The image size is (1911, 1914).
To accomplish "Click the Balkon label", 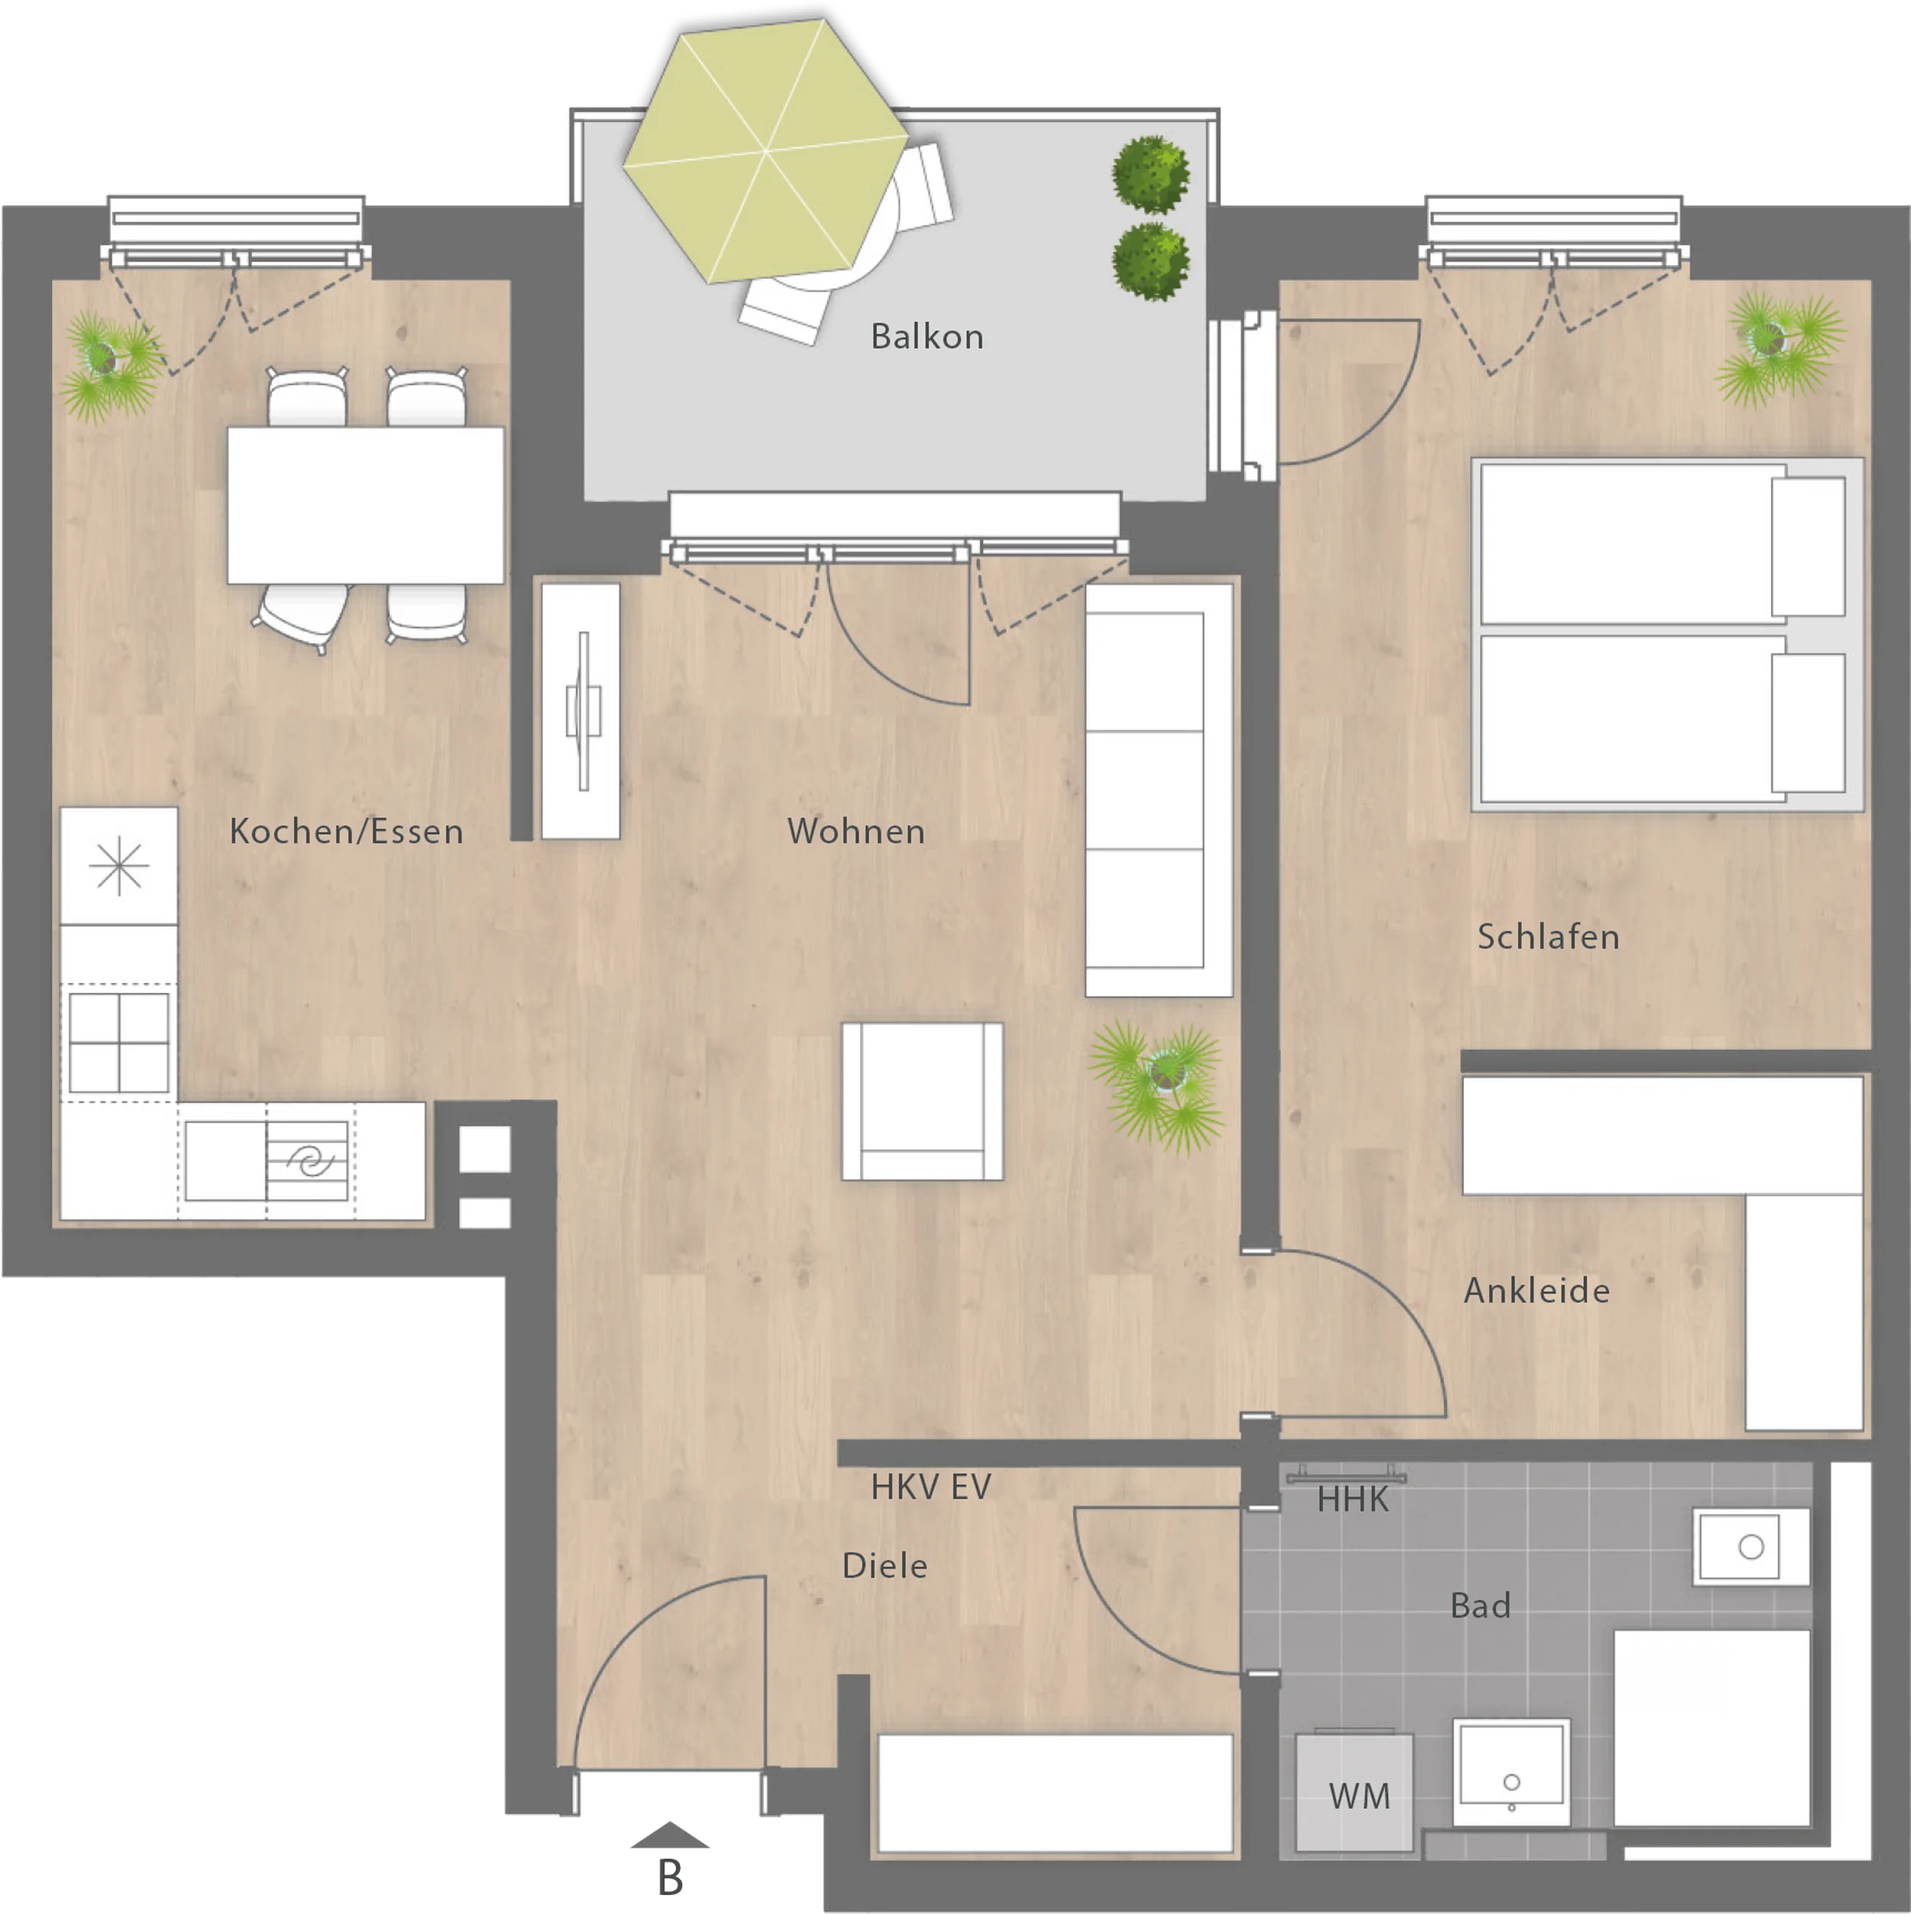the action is coord(926,337).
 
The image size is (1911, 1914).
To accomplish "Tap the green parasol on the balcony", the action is coord(765,151).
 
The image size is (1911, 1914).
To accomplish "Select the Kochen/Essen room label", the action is coord(346,831).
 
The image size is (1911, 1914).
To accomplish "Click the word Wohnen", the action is coord(856,831).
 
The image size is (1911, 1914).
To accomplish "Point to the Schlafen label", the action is coord(1547,936).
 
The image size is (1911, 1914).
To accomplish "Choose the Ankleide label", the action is coord(1537,1290).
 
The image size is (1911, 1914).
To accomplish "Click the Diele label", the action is coord(884,1566).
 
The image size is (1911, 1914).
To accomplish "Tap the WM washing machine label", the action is coord(1359,1795).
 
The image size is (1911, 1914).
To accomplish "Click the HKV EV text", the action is coord(930,1486).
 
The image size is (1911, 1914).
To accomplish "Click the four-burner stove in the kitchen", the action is coord(119,1042).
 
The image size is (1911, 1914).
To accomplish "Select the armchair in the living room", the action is coord(923,1101).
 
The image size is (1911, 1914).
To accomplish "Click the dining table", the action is coord(365,505).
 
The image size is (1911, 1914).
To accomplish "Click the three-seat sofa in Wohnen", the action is coord(1159,789).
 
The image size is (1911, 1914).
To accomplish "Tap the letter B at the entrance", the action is coord(671,1877).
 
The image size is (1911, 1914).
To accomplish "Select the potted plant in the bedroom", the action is coord(1779,347).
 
